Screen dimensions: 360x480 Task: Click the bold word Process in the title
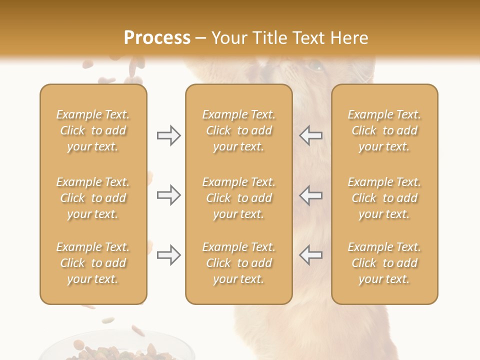157,38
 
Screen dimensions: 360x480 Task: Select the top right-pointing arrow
169,135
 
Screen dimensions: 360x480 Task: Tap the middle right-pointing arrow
169,195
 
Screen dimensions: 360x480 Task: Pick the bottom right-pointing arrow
169,255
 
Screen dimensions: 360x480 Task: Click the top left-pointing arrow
311,135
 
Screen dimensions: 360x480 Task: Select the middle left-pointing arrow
311,195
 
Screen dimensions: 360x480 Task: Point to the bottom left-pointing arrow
311,255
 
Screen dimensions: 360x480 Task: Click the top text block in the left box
93,130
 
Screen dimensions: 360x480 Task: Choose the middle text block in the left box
93,198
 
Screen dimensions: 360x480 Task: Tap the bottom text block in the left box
93,263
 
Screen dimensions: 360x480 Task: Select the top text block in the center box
238,130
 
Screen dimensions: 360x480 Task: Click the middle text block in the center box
238,198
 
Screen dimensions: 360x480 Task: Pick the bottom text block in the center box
238,263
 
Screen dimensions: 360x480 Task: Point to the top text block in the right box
384,130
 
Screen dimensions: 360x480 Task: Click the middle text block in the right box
384,198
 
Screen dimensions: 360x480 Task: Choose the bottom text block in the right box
384,263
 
